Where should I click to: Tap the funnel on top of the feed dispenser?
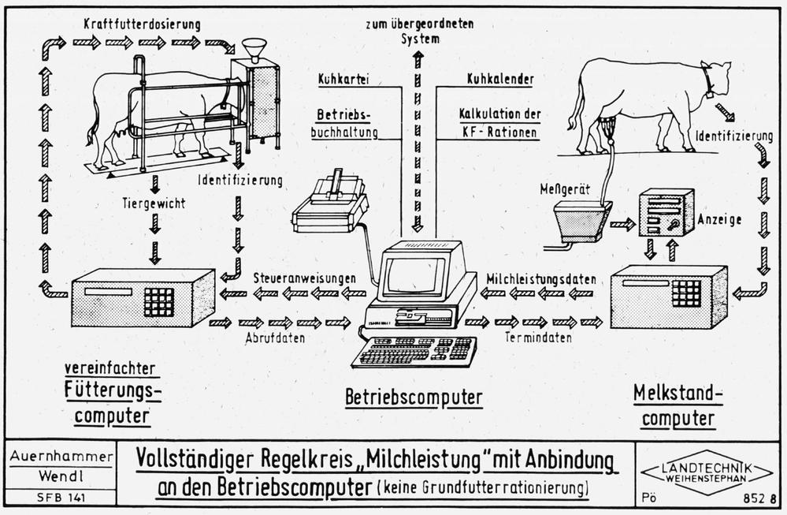[254, 48]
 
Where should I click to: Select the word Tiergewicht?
[155, 203]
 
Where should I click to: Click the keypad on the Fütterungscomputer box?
[158, 300]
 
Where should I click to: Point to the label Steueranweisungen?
[303, 278]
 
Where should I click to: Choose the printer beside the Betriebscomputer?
[331, 203]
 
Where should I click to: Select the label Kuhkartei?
[343, 80]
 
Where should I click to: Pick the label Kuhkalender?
[500, 80]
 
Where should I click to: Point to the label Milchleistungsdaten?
[540, 278]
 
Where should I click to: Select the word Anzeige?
[720, 220]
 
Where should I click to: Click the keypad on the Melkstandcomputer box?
[685, 293]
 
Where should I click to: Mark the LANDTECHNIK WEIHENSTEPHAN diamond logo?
[696, 473]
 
